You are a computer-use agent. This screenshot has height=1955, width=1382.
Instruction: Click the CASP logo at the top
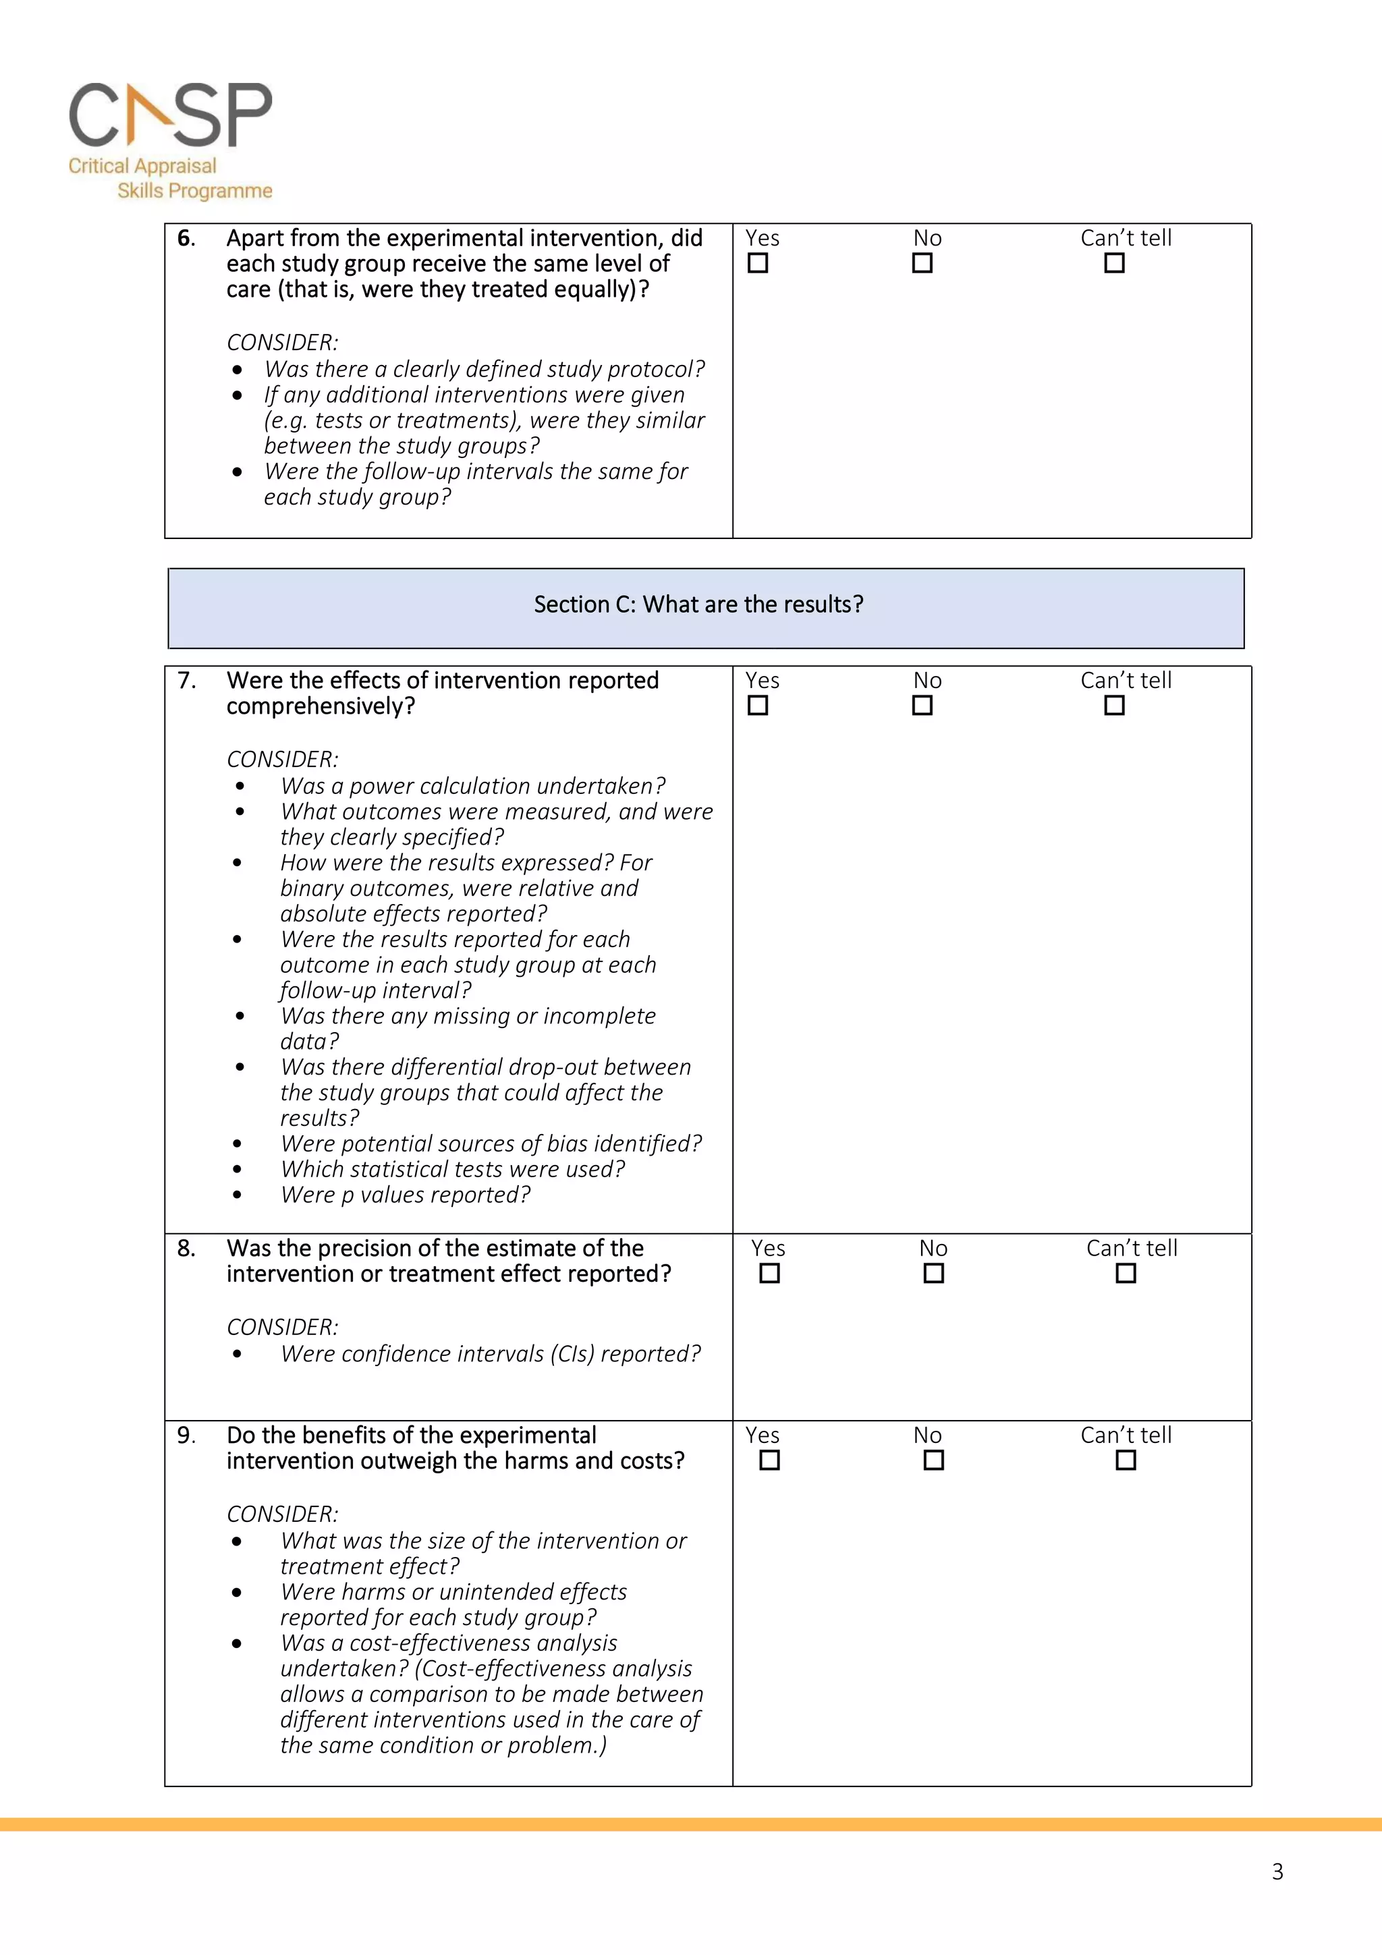pos(170,115)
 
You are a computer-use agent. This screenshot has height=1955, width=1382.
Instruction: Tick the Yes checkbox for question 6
pos(758,263)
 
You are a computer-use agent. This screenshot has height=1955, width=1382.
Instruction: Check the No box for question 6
pos(922,263)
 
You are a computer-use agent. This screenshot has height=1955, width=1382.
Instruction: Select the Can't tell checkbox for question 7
pos(1114,705)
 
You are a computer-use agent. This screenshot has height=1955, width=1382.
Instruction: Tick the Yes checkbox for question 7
pos(758,705)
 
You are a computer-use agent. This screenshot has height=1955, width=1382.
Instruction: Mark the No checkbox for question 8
pos(933,1273)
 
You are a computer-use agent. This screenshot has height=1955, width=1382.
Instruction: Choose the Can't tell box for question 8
pos(1126,1273)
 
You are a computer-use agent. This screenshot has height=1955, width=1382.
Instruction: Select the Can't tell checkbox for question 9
pos(1126,1461)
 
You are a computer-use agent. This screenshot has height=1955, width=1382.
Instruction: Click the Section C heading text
pos(698,604)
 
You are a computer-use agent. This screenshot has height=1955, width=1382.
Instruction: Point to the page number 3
pos(1277,1871)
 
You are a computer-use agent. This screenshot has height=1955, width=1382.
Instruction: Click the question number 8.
pos(186,1248)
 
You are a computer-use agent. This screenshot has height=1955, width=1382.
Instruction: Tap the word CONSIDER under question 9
pos(282,1514)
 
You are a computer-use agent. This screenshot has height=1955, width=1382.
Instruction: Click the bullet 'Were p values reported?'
pos(406,1195)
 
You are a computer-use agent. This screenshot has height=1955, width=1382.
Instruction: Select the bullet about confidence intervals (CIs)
pos(491,1354)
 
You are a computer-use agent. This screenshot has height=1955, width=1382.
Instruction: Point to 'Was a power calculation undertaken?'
pos(472,786)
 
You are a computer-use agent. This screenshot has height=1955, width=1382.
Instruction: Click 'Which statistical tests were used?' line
pos(452,1169)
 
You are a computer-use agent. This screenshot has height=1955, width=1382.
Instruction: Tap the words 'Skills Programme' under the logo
pos(195,191)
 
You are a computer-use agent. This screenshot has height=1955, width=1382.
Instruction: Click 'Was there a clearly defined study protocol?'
pos(484,370)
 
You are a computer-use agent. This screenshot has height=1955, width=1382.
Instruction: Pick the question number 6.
pos(186,238)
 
